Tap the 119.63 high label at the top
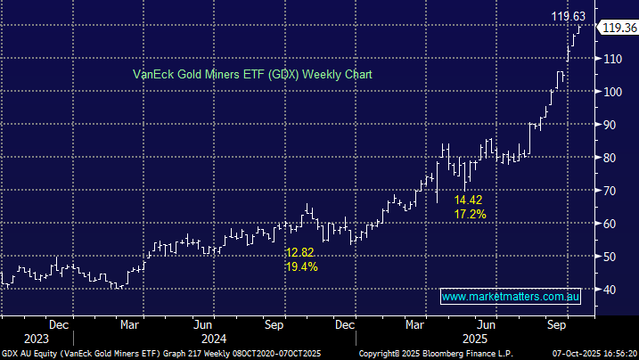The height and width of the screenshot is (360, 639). point(569,15)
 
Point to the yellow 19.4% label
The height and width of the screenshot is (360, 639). point(301,266)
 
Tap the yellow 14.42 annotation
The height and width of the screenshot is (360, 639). point(470,200)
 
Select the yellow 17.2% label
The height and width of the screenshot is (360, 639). point(470,215)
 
